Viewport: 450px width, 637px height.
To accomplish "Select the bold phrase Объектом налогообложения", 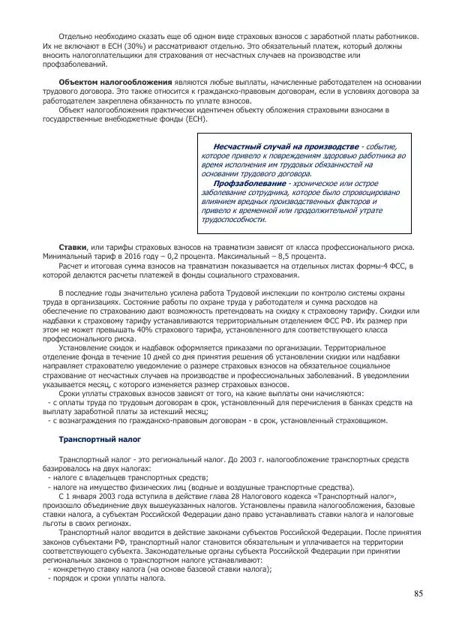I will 115,82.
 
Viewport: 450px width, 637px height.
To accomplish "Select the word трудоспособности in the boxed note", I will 233,219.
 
